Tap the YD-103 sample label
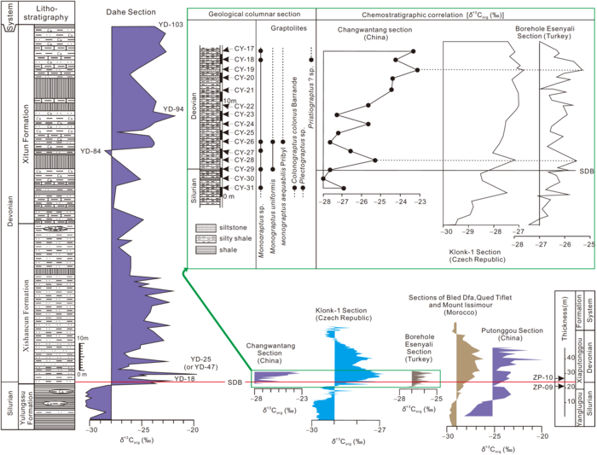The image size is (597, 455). pos(171,25)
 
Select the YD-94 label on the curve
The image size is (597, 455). pos(173,109)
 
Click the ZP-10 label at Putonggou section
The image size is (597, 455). pos(537,376)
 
